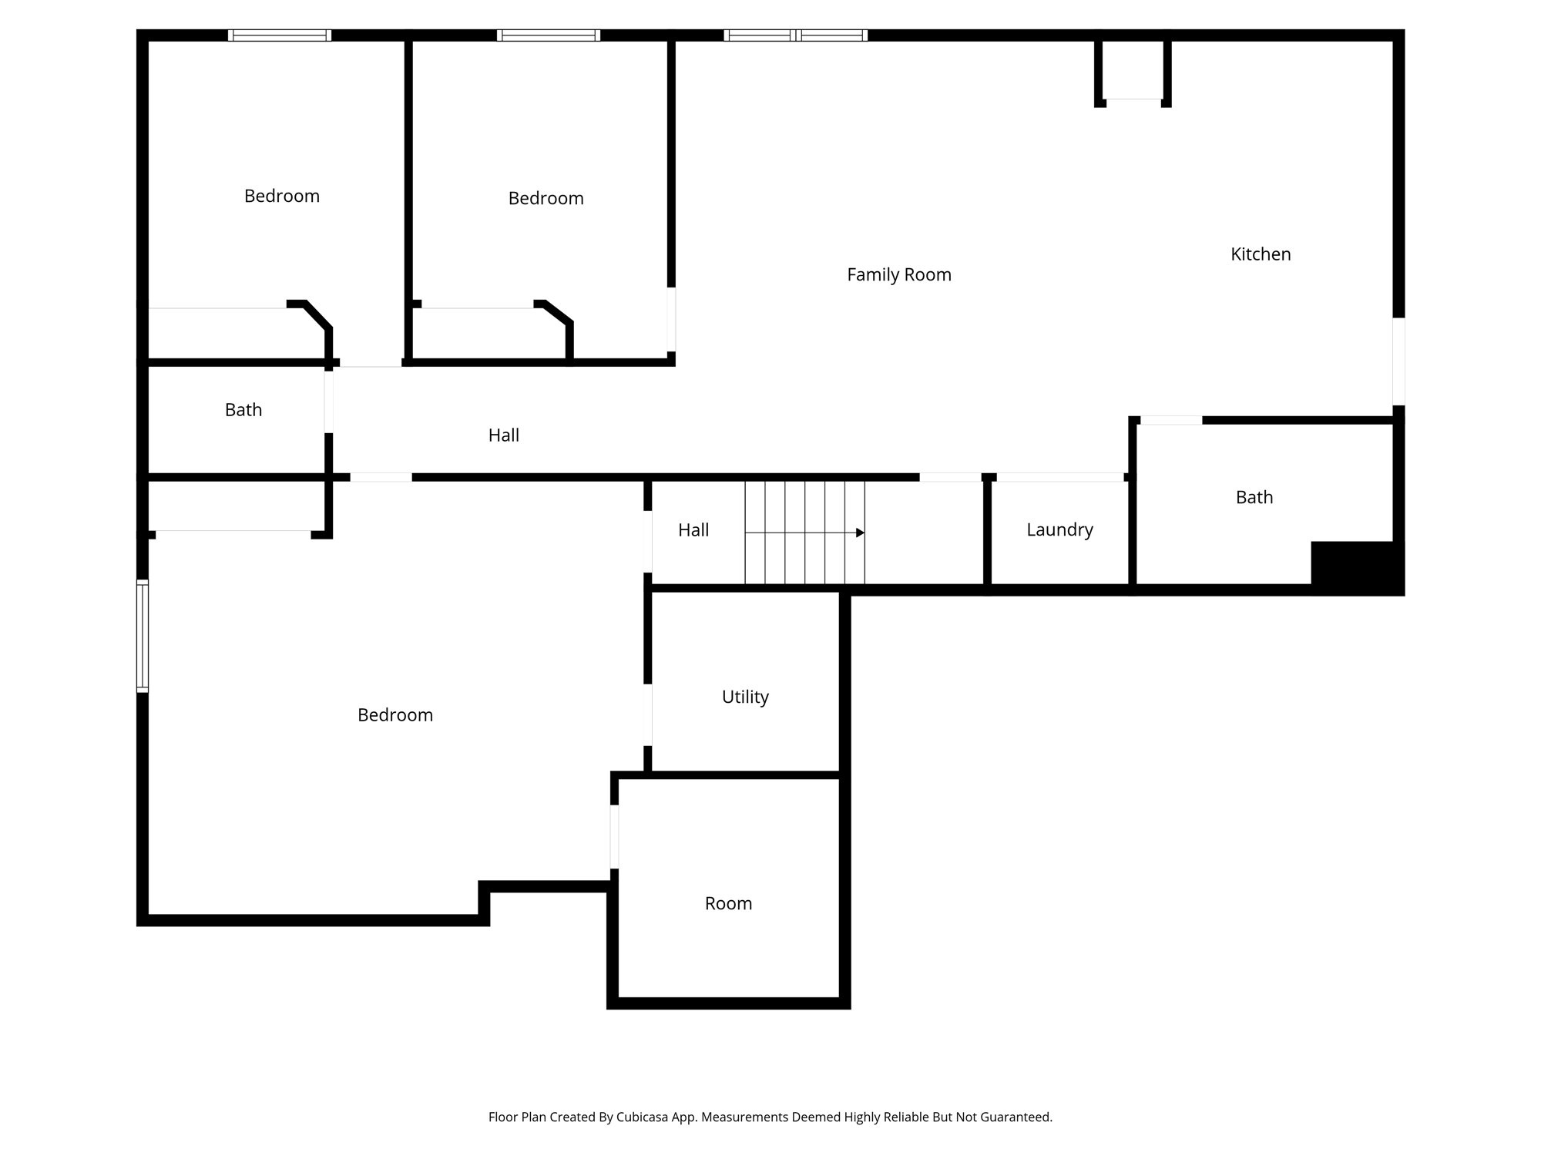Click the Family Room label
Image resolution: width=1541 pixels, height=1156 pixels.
898,275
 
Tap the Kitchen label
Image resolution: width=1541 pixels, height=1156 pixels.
1260,254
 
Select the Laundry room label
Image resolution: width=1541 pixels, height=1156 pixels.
1059,530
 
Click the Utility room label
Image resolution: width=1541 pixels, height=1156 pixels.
745,697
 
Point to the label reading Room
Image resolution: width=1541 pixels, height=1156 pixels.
728,903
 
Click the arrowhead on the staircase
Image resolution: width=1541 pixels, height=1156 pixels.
860,533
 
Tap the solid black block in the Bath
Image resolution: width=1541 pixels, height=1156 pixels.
1356,567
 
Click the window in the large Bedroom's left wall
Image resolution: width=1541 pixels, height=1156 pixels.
143,636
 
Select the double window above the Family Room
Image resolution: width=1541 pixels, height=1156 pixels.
795,35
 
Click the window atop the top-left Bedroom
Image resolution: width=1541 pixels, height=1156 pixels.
280,35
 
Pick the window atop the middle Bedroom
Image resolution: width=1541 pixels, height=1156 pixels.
548,35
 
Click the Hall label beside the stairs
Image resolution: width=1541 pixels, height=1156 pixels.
693,530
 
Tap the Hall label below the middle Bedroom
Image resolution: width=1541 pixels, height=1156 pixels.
503,435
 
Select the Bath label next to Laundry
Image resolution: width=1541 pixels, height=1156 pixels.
1254,498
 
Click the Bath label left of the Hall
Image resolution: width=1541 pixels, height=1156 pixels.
243,410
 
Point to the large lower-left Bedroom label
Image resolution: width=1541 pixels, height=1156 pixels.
394,715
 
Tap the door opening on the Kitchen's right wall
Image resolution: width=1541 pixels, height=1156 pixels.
1398,361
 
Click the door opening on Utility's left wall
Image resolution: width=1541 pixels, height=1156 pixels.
648,714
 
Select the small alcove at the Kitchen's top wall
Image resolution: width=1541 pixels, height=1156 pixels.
1133,69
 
